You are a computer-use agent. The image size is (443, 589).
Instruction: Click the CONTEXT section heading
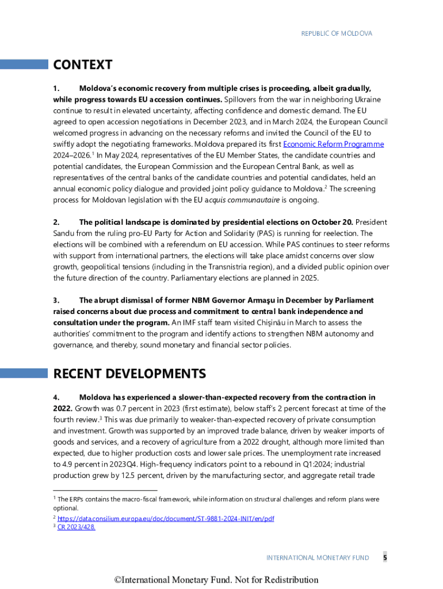click(x=83, y=64)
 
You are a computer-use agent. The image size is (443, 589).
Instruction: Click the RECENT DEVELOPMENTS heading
click(x=129, y=374)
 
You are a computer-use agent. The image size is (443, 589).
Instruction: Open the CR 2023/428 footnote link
click(x=76, y=526)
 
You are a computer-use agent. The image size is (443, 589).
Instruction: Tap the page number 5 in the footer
click(x=385, y=557)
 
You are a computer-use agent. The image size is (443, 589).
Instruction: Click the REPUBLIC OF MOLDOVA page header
click(x=337, y=33)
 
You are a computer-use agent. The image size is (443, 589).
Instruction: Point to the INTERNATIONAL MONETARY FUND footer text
click(x=318, y=557)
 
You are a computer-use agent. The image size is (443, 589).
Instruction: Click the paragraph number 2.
click(x=56, y=222)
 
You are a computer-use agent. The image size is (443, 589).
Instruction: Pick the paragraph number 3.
click(x=56, y=300)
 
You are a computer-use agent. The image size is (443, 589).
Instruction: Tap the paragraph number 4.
click(x=56, y=397)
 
